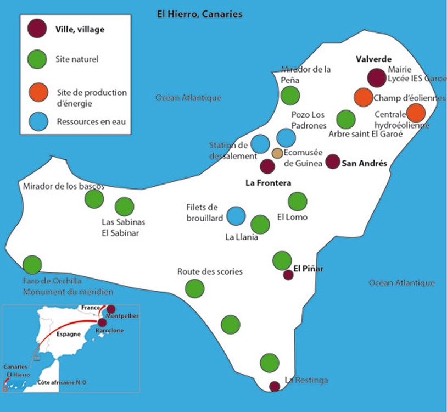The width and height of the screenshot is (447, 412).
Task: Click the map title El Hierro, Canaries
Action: click(199, 14)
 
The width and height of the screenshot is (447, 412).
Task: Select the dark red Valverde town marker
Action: click(377, 78)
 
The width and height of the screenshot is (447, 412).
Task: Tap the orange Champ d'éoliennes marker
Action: click(363, 97)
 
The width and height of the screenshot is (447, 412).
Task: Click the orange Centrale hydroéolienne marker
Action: click(416, 113)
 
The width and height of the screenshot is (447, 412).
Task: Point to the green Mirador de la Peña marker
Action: click(290, 96)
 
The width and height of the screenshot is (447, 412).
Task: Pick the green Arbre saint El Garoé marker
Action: click(345, 119)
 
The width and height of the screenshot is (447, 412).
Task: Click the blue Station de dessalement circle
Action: click(260, 144)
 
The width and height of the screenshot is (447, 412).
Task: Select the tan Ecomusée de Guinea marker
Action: click(277, 153)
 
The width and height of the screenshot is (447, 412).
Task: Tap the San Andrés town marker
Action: click(332, 162)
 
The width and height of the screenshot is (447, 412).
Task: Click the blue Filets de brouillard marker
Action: click(236, 216)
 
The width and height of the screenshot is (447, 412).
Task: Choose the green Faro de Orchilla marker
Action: click(32, 265)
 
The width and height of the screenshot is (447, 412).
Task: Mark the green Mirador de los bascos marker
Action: click(94, 199)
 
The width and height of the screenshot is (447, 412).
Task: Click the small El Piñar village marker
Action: click(288, 275)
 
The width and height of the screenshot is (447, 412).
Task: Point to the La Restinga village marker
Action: click(275, 386)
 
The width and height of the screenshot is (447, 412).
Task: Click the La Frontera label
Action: click(268, 183)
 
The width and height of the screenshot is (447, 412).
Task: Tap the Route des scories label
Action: click(210, 272)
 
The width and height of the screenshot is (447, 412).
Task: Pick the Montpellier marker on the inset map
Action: click(111, 309)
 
